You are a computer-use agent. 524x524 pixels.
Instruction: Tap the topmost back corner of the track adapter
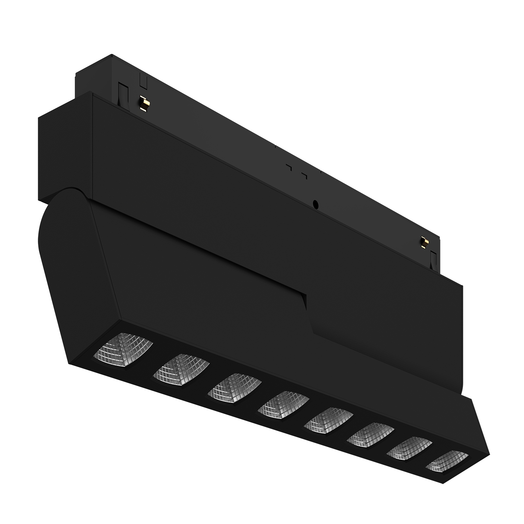pyautogui.click(x=112, y=55)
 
